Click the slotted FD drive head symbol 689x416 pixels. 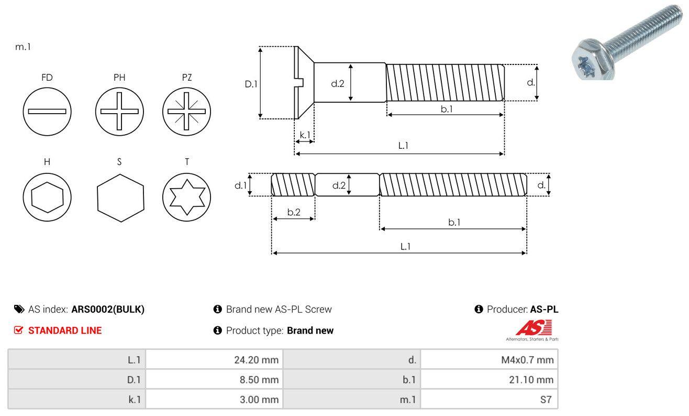click(x=47, y=111)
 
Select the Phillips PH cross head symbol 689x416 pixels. click(x=119, y=111)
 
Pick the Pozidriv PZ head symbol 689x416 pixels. click(x=186, y=111)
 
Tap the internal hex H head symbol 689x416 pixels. click(x=47, y=197)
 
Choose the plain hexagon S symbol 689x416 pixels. click(x=120, y=197)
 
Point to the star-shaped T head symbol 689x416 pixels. click(x=186, y=197)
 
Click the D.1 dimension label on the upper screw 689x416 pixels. click(x=251, y=83)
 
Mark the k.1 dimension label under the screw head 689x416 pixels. click(x=305, y=135)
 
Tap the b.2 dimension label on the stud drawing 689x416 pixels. click(x=294, y=212)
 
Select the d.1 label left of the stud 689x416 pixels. click(x=240, y=185)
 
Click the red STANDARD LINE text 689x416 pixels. click(x=64, y=331)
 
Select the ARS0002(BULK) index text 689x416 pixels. click(x=107, y=309)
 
